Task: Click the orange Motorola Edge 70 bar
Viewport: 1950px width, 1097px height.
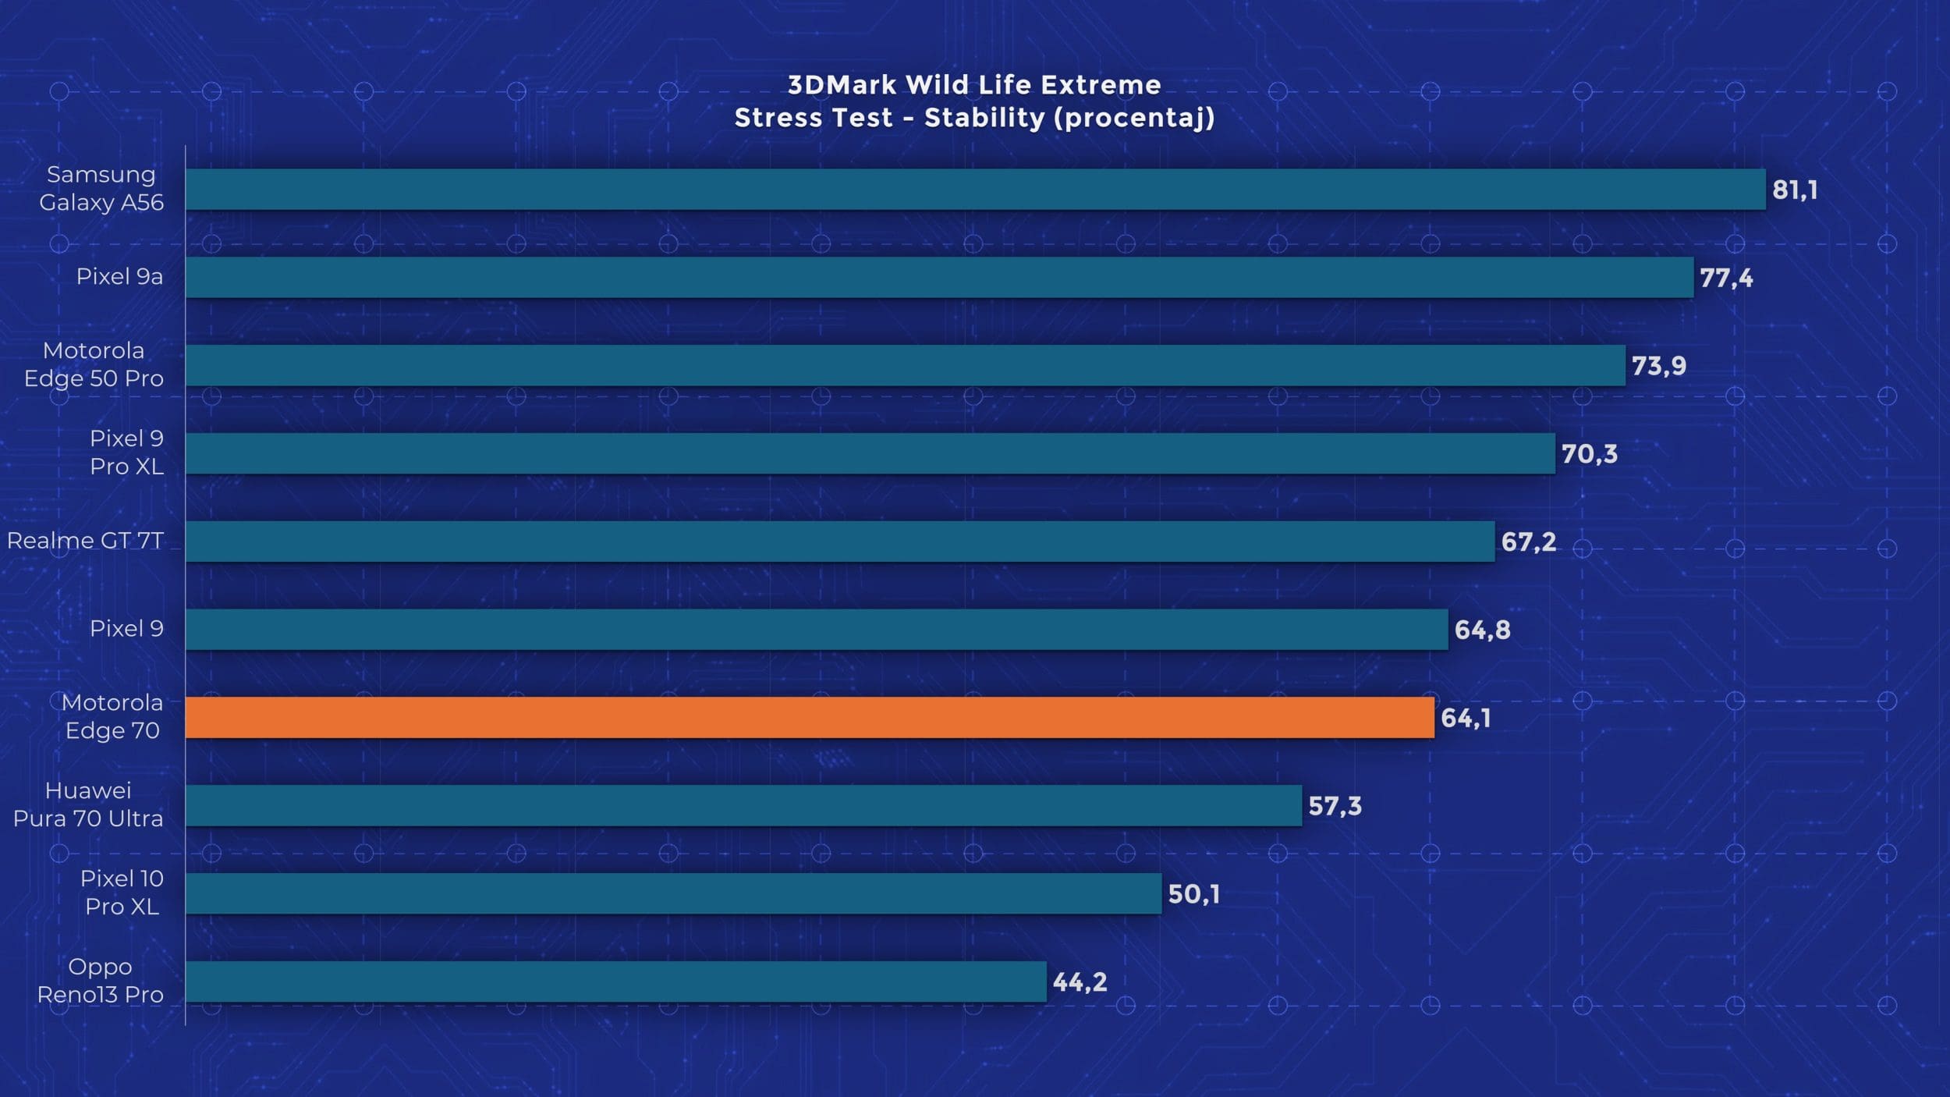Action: tap(810, 717)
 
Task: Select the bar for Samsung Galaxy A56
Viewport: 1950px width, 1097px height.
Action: tap(975, 190)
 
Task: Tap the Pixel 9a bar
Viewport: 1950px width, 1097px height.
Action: tap(939, 277)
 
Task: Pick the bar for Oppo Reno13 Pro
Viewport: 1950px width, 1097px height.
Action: tap(616, 982)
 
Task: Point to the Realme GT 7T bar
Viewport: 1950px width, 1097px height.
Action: tap(840, 541)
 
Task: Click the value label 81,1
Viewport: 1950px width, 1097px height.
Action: tap(1795, 190)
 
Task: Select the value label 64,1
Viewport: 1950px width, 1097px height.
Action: tap(1466, 718)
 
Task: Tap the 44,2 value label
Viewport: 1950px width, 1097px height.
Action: tap(1080, 982)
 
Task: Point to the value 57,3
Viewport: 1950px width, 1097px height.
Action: tap(1335, 806)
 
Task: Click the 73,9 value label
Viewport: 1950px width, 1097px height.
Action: tap(1659, 366)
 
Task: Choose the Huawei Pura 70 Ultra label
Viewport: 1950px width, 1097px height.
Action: tap(88, 804)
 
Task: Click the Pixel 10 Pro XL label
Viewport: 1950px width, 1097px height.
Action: tap(122, 893)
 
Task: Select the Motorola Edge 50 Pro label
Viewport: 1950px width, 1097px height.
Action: tap(94, 364)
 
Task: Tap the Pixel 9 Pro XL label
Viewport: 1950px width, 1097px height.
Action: tap(126, 453)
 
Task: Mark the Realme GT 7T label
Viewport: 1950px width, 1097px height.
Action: tap(85, 541)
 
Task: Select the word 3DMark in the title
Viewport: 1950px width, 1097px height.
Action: tap(842, 84)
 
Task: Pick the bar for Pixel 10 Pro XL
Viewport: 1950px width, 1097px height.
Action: tap(673, 893)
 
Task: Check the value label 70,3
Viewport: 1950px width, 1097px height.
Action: tap(1589, 454)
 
